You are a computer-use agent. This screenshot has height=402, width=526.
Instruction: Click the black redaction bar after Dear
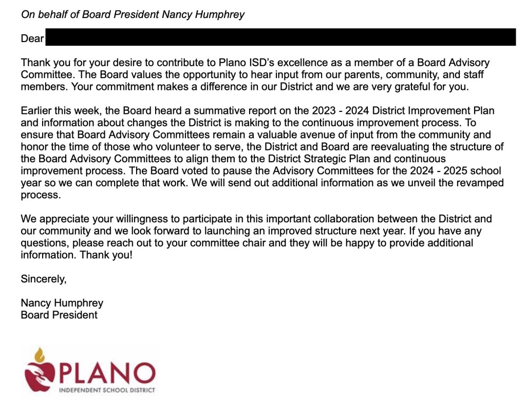coord(280,37)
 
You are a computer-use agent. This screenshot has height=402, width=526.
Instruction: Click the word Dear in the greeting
coord(32,39)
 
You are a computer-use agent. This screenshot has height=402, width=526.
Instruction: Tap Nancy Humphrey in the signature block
coord(62,303)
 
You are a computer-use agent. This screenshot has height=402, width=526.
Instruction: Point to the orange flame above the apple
coord(40,355)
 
